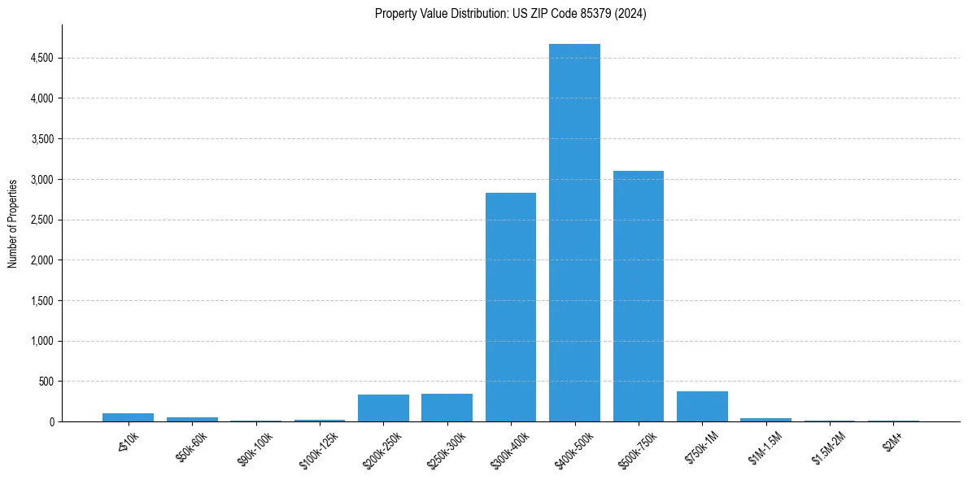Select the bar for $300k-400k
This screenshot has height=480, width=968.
[511, 308]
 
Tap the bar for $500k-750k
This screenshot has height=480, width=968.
[639, 296]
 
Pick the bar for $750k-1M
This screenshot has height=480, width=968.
[702, 407]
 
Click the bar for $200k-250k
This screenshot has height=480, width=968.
[383, 408]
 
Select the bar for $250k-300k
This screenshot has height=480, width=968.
[447, 408]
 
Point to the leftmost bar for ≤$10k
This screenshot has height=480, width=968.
[128, 417]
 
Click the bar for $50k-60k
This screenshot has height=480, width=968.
[192, 419]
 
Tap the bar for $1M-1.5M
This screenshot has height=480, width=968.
[765, 420]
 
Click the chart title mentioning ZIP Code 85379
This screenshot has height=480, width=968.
[511, 13]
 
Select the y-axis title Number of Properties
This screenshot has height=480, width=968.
[13, 223]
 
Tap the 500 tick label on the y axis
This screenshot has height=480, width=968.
[46, 382]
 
